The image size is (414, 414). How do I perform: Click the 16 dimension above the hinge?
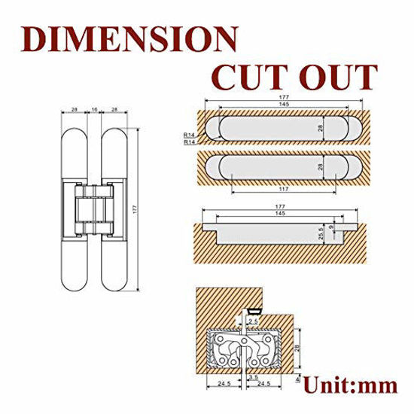94,110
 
